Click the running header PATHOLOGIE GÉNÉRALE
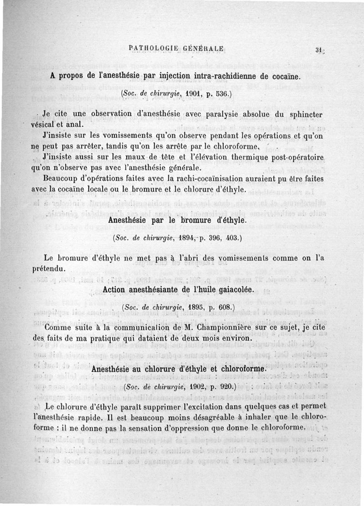coord(176,48)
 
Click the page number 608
coord(225,308)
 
